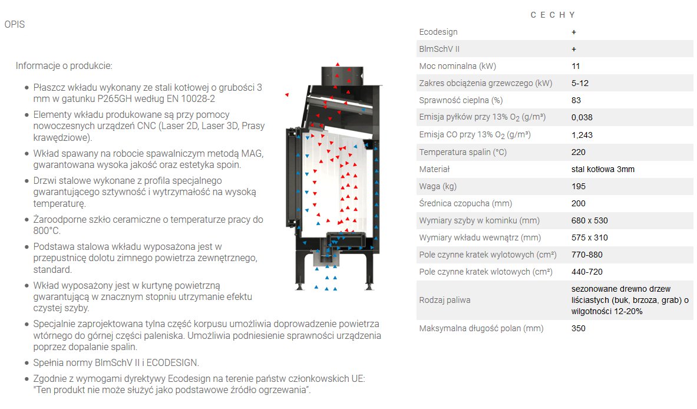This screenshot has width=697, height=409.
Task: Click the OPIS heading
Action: pos(15,24)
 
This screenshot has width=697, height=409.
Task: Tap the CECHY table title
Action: pos(553,15)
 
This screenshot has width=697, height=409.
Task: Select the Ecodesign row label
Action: pos(438,32)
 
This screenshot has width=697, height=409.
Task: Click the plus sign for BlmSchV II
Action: pos(574,50)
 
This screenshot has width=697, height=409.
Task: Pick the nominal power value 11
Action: pos(576,66)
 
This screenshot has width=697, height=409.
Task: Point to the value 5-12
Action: pos(580,83)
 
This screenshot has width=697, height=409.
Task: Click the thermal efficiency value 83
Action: pos(576,100)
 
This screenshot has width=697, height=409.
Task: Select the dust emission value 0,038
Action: pos(582,117)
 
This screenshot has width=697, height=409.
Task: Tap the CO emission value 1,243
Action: pos(582,135)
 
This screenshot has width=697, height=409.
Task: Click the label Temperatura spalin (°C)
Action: pos(463,152)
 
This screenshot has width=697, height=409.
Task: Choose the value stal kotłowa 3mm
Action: pos(603,169)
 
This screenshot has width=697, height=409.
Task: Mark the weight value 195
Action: pos(579,186)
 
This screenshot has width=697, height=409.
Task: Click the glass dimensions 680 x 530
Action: pos(589,220)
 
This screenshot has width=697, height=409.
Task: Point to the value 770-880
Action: pos(587,255)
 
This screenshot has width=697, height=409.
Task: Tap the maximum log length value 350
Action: pos(579,328)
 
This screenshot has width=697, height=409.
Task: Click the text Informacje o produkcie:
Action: pos(64,66)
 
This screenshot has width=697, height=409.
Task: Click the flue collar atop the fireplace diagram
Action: pos(342,75)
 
